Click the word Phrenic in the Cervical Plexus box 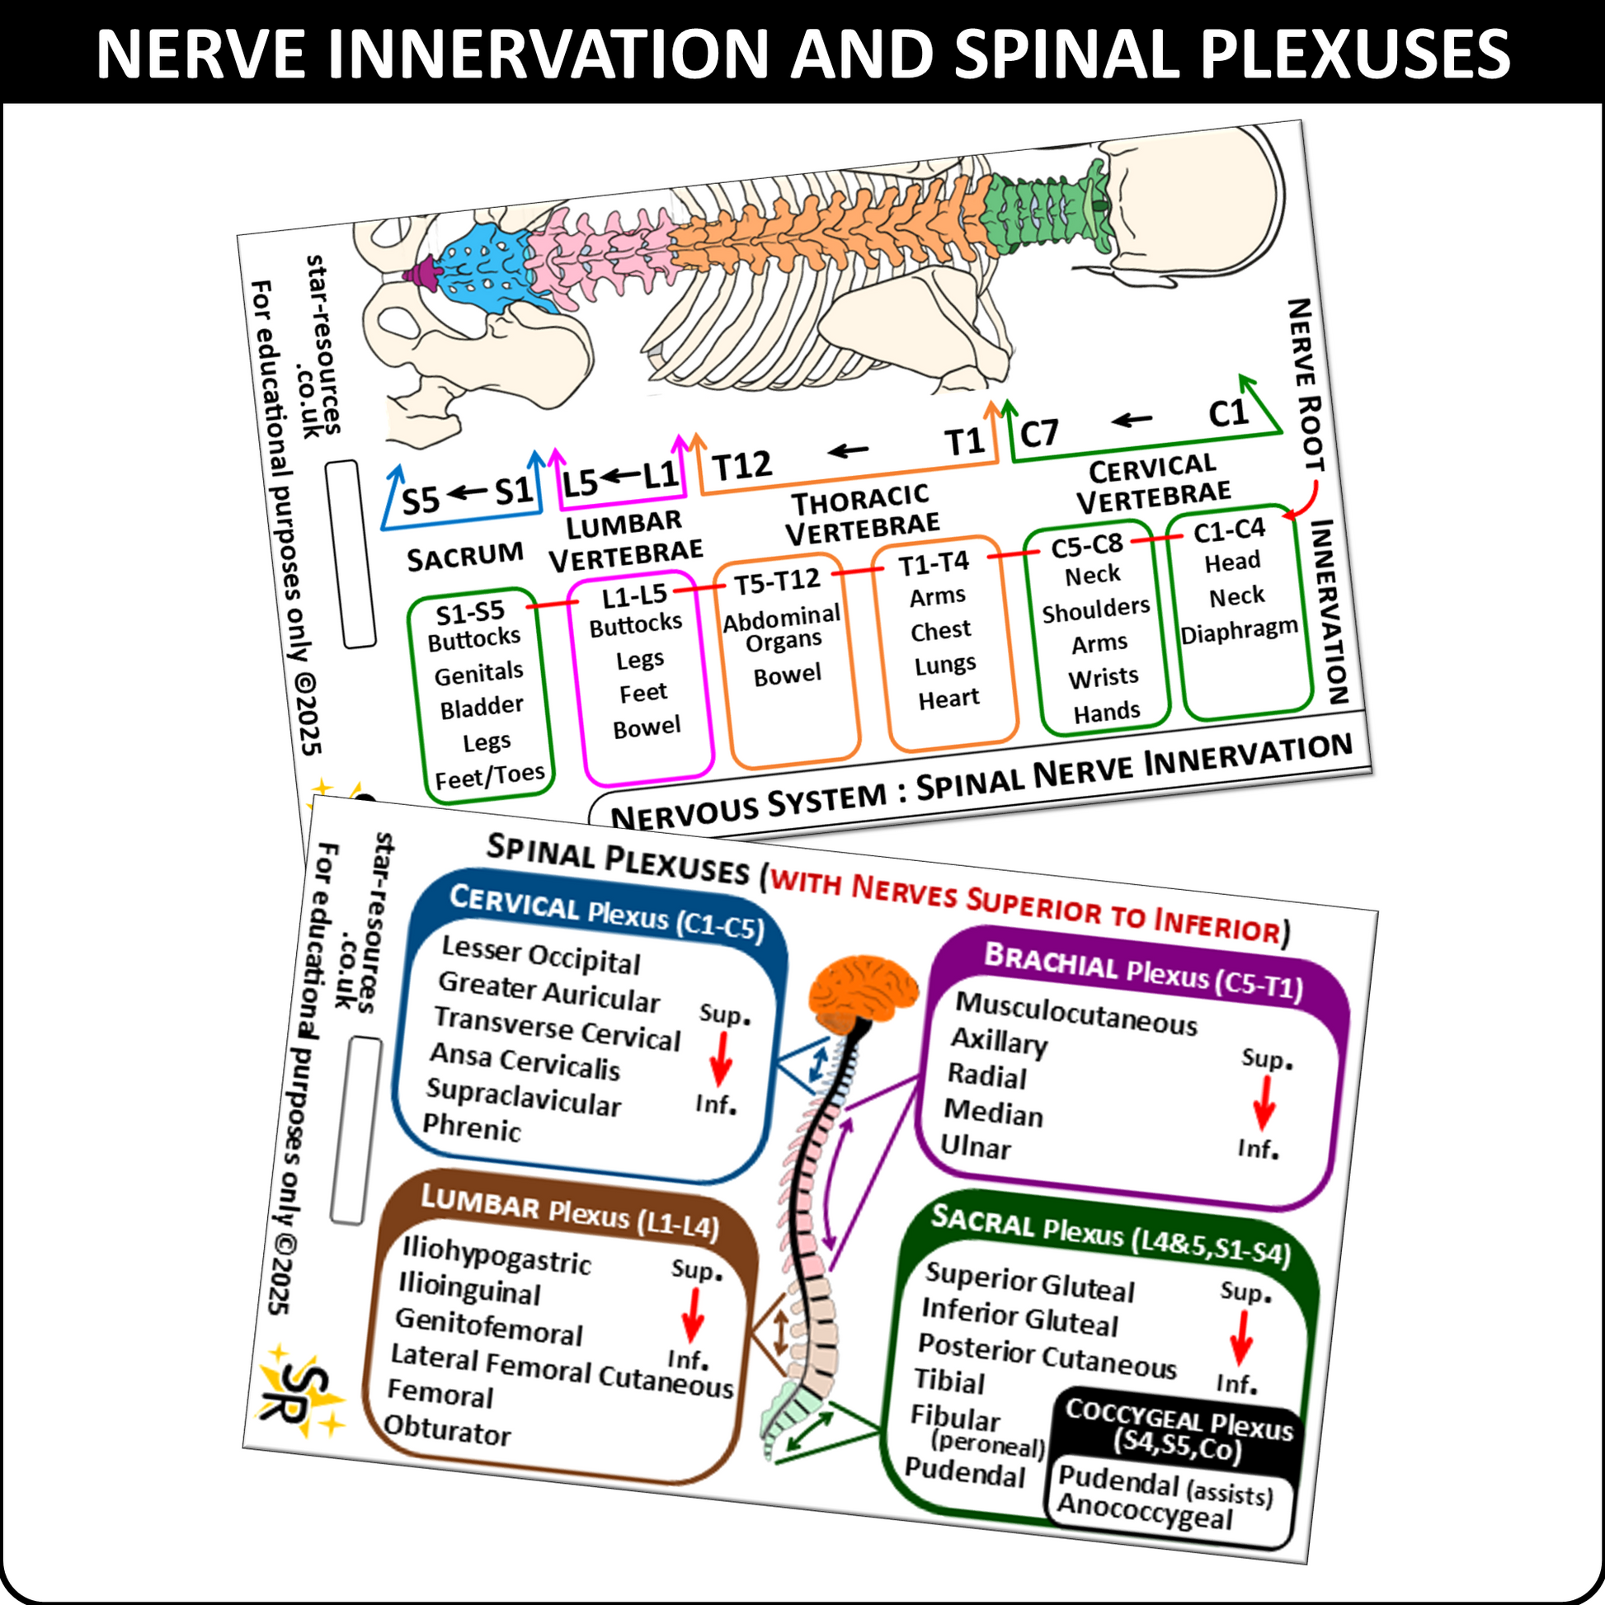(x=471, y=1127)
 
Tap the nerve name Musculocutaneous (x=1075, y=1014)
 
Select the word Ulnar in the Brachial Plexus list (x=976, y=1146)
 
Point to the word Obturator (x=447, y=1430)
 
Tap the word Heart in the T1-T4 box (x=948, y=699)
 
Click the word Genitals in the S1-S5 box (x=478, y=674)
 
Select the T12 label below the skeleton (x=741, y=466)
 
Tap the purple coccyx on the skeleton (x=421, y=272)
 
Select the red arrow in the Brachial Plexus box (x=1264, y=1104)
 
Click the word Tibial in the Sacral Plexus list (x=948, y=1381)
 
